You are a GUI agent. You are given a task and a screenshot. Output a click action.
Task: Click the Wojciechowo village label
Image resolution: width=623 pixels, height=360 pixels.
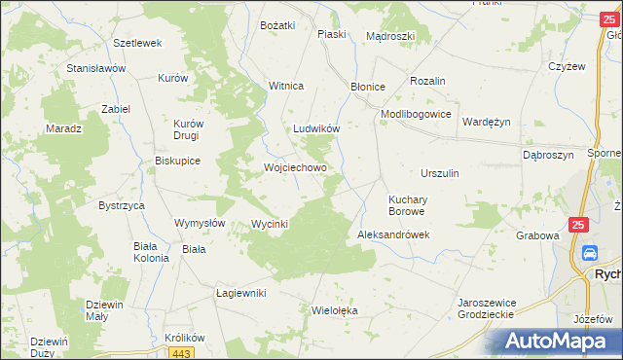(295, 167)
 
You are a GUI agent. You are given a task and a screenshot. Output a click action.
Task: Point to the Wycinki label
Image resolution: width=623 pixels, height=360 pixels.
(270, 224)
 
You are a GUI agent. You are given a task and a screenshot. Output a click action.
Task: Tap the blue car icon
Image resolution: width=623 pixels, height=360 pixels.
(589, 254)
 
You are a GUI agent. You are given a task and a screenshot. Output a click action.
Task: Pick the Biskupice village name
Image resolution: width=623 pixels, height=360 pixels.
(177, 162)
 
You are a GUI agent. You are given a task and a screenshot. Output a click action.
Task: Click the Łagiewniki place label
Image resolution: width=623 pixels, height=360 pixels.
(240, 293)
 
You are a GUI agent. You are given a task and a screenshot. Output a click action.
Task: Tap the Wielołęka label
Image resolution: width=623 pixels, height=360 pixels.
(335, 311)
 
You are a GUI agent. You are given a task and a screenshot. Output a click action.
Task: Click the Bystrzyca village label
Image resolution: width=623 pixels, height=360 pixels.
(122, 206)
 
